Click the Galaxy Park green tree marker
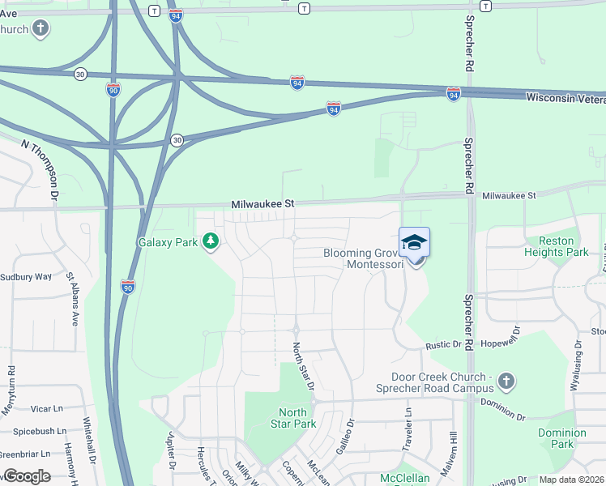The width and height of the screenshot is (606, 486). pyautogui.click(x=211, y=241)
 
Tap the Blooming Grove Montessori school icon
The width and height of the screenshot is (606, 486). pyautogui.click(x=414, y=242)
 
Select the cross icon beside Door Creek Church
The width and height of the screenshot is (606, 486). pyautogui.click(x=506, y=380)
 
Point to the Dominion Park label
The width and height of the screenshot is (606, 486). pyautogui.click(x=562, y=438)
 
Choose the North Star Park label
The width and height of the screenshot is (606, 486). pyautogui.click(x=292, y=418)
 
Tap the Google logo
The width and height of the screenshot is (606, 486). pyautogui.click(x=27, y=476)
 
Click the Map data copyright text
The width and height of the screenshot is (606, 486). pyautogui.click(x=572, y=480)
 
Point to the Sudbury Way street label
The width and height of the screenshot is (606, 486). pyautogui.click(x=26, y=276)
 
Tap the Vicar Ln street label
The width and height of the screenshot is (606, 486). pyautogui.click(x=46, y=409)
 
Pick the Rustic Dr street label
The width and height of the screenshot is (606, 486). pyautogui.click(x=444, y=345)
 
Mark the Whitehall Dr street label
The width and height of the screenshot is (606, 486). pyautogui.click(x=91, y=441)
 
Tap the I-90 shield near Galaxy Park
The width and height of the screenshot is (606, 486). pyautogui.click(x=127, y=286)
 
